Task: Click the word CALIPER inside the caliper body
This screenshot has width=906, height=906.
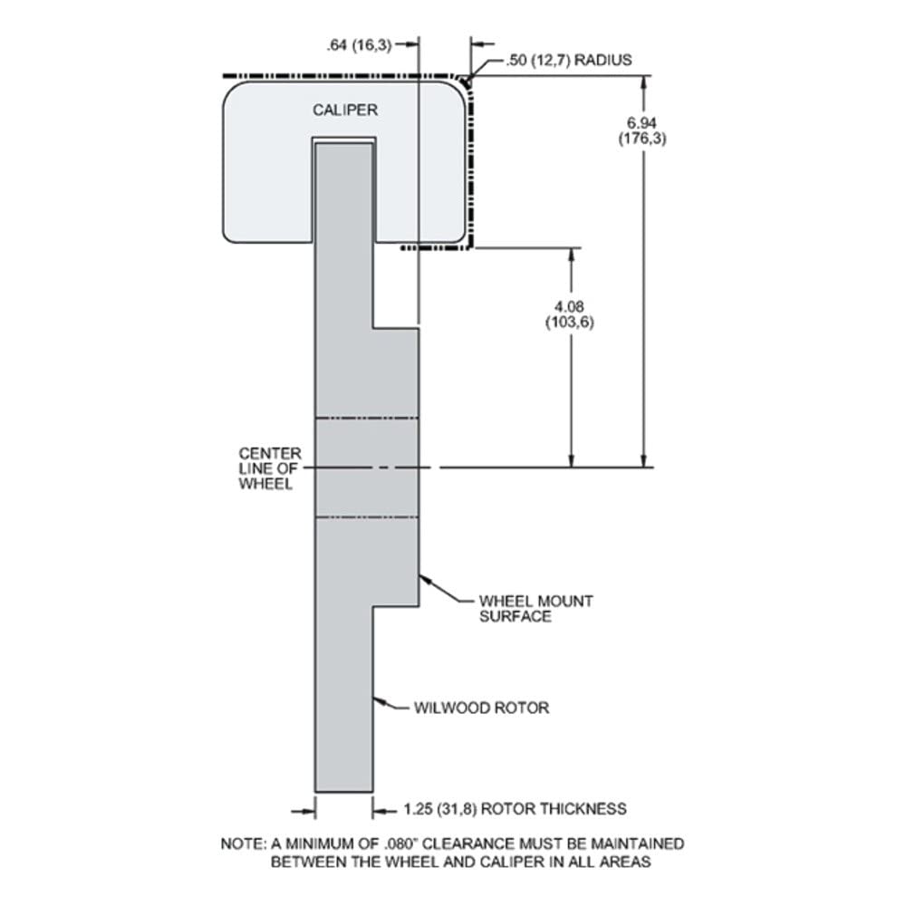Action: (x=345, y=110)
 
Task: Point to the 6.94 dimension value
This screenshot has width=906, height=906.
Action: (x=642, y=123)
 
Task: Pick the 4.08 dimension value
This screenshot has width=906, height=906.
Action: (x=569, y=306)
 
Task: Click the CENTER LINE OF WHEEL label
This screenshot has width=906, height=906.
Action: (x=270, y=468)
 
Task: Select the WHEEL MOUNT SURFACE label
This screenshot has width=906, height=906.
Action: (x=535, y=609)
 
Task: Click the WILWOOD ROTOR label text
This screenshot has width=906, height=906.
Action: (x=481, y=708)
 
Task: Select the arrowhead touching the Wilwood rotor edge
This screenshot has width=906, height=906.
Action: (x=379, y=701)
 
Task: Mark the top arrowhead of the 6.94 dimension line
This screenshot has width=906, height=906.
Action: (x=643, y=83)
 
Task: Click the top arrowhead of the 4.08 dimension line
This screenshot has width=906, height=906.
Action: (x=572, y=256)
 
